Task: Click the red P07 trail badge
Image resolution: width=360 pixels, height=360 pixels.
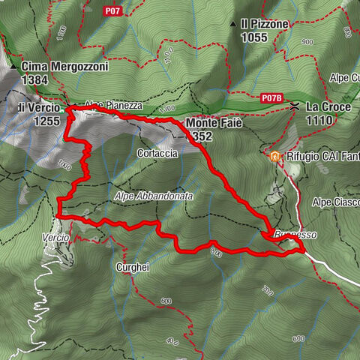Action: (x=112, y=10)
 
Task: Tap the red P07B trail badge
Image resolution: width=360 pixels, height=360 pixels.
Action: (x=271, y=98)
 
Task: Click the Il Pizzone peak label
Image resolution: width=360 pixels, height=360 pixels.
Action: (x=264, y=25)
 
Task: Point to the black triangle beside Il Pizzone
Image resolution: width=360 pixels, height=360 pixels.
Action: (x=234, y=25)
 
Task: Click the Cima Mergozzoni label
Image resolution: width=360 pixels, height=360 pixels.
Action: (x=65, y=66)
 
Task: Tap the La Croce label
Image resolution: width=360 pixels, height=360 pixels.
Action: (x=328, y=107)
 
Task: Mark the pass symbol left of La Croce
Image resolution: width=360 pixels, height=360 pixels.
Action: (x=297, y=106)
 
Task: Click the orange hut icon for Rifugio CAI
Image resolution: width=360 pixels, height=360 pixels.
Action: (x=275, y=157)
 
